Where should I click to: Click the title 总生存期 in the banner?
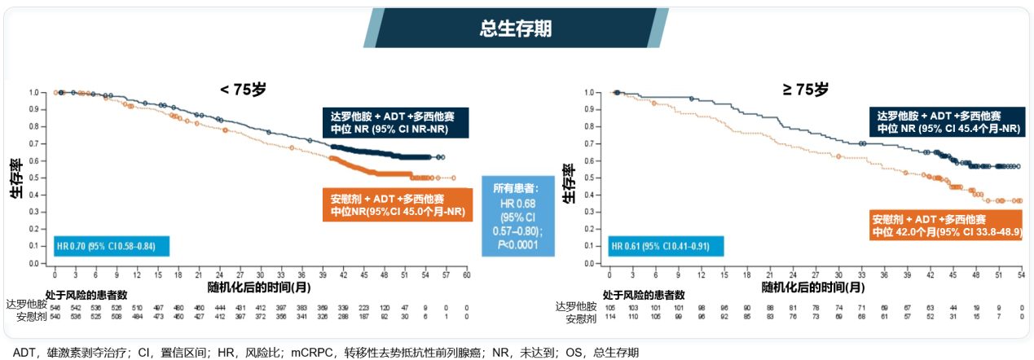click(x=516, y=29)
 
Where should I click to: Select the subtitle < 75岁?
click(x=244, y=90)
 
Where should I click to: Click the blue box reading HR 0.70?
click(x=104, y=246)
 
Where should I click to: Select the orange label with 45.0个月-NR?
click(x=398, y=204)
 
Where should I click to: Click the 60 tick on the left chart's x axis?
click(x=466, y=275)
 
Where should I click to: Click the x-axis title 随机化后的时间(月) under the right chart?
click(x=813, y=288)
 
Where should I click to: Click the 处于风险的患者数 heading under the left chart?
click(x=86, y=294)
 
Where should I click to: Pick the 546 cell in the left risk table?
click(x=55, y=306)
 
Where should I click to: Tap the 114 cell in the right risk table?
click(x=609, y=316)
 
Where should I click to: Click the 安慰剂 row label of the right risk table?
click(x=581, y=316)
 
